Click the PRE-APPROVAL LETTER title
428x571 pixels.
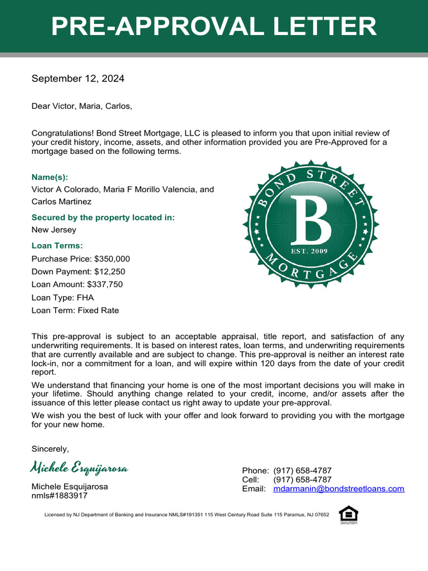pyautogui.click(x=214, y=27)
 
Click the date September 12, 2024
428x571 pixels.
pyautogui.click(x=78, y=79)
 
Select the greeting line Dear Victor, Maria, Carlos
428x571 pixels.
pyautogui.click(x=82, y=106)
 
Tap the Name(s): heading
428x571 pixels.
pyautogui.click(x=50, y=177)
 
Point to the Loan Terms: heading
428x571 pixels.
pyautogui.click(x=57, y=245)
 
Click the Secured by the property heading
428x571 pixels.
pyautogui.click(x=103, y=217)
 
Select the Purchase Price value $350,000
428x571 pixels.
pyautogui.click(x=112, y=259)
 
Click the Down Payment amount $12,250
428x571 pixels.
pyautogui.click(x=109, y=272)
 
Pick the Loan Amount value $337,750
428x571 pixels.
pyautogui.click(x=105, y=284)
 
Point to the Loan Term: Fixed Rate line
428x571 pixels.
pyautogui.click(x=75, y=311)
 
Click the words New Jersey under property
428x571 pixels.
pyautogui.click(x=54, y=230)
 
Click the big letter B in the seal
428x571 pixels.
pyautogui.click(x=310, y=219)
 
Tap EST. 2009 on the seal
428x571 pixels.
pyautogui.click(x=310, y=251)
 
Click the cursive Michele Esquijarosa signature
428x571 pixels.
pyautogui.click(x=80, y=468)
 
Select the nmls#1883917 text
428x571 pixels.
pyautogui.click(x=60, y=495)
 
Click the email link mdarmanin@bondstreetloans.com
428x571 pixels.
pyautogui.click(x=339, y=489)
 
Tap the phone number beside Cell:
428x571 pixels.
pyautogui.click(x=303, y=480)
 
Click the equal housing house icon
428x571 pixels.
pyautogui.click(x=348, y=514)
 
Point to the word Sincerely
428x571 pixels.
pyautogui.click(x=50, y=449)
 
